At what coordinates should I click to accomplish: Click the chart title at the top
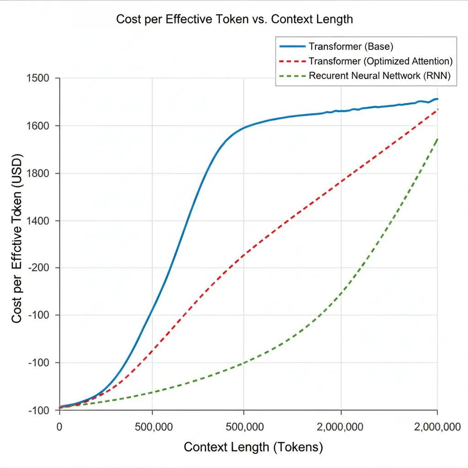coord(234,19)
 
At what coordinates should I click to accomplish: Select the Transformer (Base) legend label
coord(351,47)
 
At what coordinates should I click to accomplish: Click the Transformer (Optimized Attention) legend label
coord(381,61)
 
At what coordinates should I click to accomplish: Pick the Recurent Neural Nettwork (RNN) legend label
coord(380,76)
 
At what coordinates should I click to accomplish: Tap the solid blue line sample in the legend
coord(292,47)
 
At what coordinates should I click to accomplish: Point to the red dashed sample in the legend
coord(292,61)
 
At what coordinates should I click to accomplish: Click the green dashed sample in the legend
coord(292,76)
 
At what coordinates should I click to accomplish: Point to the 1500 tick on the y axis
coord(38,78)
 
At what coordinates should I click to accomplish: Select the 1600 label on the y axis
coord(38,126)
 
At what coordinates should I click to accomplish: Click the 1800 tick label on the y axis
coord(38,173)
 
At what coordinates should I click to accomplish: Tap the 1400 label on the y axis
coord(38,221)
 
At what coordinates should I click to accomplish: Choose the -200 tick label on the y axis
coord(38,268)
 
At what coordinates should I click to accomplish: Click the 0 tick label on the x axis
coord(59,427)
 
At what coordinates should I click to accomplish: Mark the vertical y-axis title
coord(17,238)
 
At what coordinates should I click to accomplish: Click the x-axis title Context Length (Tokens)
coord(253,447)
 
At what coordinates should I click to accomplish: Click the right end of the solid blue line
coord(437,99)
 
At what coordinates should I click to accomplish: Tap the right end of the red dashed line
coord(437,109)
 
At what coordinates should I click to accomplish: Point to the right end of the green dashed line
coord(437,139)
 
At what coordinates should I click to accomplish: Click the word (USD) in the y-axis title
coord(17,171)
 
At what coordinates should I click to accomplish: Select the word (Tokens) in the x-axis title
coord(298,447)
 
